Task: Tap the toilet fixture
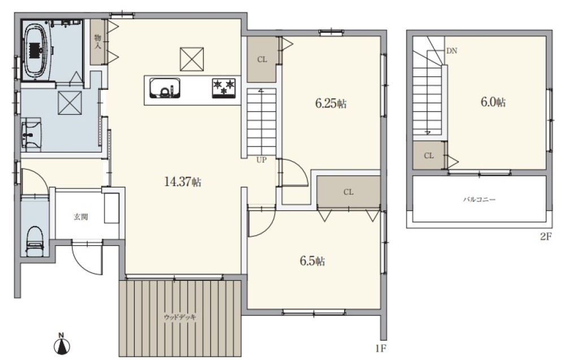35,241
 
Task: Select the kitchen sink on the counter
165,88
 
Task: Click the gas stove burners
224,88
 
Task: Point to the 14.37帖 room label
182,181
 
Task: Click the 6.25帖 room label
331,103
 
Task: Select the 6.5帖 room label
312,261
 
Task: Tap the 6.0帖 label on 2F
493,102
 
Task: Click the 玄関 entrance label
81,217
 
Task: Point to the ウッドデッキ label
180,318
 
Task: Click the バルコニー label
479,199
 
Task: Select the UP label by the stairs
262,159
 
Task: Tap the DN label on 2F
451,51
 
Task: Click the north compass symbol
62,345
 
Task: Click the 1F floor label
380,348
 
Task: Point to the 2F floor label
546,237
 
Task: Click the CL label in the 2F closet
429,155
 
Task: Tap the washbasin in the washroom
32,135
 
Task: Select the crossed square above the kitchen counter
192,59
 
